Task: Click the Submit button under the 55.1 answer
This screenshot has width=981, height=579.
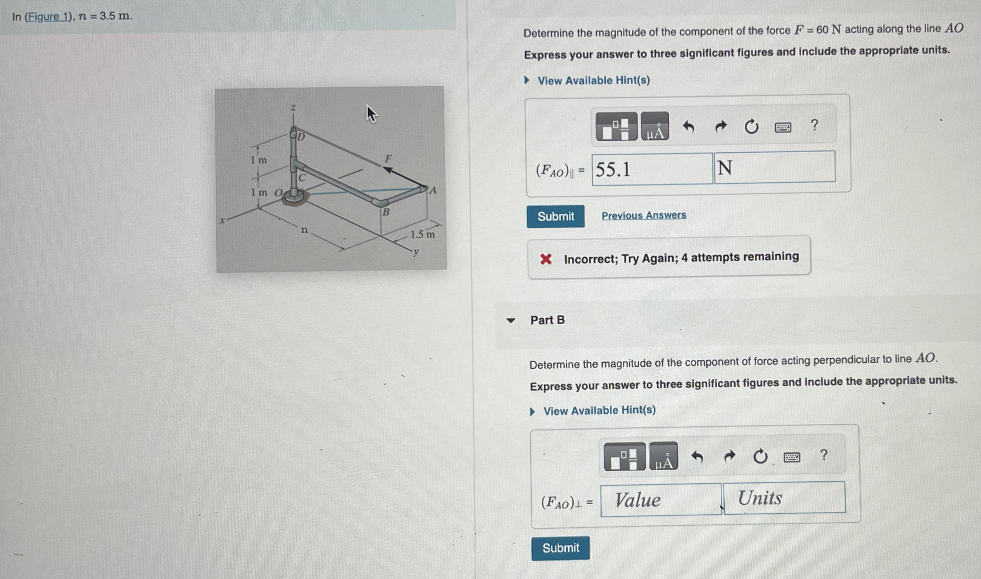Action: click(555, 216)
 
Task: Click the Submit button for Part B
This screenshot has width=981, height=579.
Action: click(560, 548)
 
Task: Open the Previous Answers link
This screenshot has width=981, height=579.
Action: click(643, 216)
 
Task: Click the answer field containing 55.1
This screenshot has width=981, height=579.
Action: click(652, 169)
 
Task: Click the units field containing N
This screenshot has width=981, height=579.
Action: click(774, 167)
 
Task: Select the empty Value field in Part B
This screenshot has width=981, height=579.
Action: click(661, 500)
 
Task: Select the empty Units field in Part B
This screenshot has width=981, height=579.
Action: click(784, 498)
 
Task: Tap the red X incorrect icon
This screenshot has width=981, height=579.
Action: click(545, 259)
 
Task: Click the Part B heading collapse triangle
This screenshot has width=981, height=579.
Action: click(510, 321)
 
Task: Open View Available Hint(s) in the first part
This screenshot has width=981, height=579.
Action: click(593, 80)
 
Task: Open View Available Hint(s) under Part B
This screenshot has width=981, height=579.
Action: click(599, 410)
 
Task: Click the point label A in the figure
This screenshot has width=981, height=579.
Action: click(432, 191)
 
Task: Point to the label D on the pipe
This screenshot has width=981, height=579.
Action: click(301, 137)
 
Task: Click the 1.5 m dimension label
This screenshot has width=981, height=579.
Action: click(422, 234)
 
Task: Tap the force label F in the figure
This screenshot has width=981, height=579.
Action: click(388, 158)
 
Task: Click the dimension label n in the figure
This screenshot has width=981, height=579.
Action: click(304, 230)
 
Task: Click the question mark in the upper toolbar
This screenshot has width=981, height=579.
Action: click(814, 125)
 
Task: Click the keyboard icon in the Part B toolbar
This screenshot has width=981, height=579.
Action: click(792, 457)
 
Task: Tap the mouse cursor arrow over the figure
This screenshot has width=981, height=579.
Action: click(371, 114)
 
